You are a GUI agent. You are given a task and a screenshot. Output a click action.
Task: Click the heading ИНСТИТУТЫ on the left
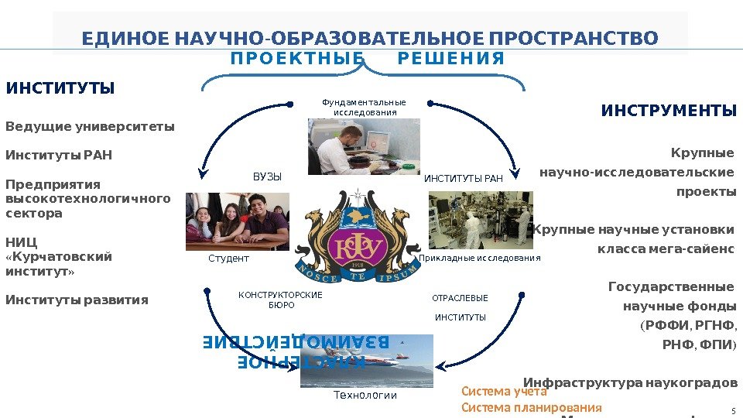(x=60, y=87)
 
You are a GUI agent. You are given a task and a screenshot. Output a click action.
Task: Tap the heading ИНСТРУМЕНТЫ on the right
(x=669, y=111)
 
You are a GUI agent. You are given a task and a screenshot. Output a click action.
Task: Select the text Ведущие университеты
(x=90, y=126)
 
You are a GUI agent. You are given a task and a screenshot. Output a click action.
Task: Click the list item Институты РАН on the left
(x=59, y=156)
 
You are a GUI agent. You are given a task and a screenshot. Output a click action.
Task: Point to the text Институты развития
(x=77, y=300)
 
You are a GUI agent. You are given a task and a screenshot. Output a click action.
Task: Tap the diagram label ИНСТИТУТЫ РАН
(x=464, y=179)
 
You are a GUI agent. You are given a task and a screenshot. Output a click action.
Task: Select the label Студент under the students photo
(x=229, y=258)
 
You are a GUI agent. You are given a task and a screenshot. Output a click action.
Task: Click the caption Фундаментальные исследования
(x=364, y=107)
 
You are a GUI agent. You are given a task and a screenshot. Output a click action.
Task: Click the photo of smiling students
(x=238, y=221)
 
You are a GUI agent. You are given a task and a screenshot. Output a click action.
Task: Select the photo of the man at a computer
(x=364, y=146)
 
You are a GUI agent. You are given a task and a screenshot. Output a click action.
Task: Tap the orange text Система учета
(x=504, y=392)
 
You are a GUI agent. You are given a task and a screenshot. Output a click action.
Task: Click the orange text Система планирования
(x=531, y=408)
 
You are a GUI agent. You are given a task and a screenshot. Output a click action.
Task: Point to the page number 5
(x=732, y=411)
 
